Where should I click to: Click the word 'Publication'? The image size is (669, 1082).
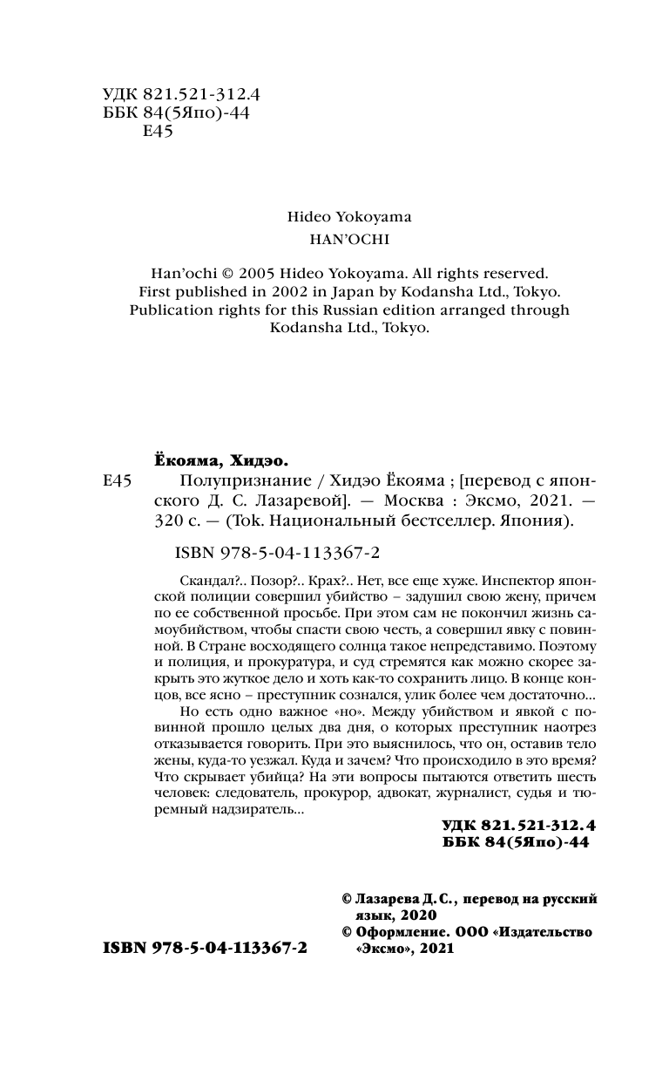pyautogui.click(x=177, y=310)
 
